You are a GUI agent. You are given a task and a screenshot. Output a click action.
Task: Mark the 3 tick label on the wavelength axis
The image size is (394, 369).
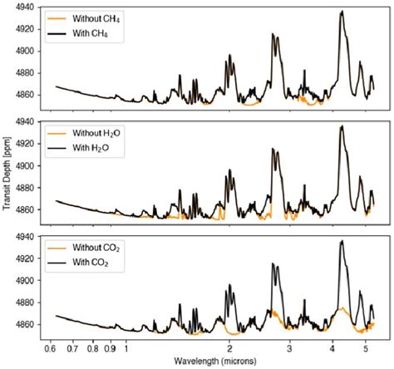(x=289, y=347)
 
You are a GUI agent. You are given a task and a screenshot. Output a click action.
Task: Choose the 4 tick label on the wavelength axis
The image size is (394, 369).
(x=332, y=347)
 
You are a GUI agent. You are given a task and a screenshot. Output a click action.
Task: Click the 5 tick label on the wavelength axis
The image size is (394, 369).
(x=365, y=347)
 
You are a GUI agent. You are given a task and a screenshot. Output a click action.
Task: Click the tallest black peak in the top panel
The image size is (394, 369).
(x=342, y=12)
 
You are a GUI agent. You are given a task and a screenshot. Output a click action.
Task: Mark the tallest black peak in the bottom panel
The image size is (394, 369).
(x=342, y=242)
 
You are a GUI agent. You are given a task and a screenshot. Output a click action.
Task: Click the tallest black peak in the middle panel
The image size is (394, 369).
(x=342, y=127)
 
